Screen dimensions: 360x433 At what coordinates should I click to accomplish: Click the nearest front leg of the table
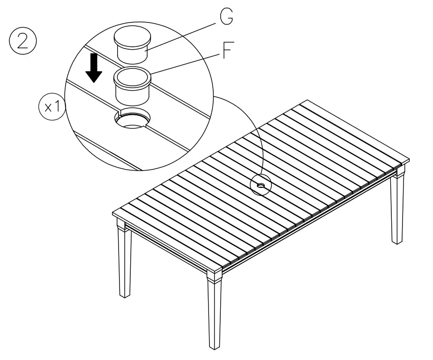tap(215, 312)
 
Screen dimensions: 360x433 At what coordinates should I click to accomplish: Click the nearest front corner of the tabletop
tap(216, 270)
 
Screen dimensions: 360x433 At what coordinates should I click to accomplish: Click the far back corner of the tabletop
tap(307, 102)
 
